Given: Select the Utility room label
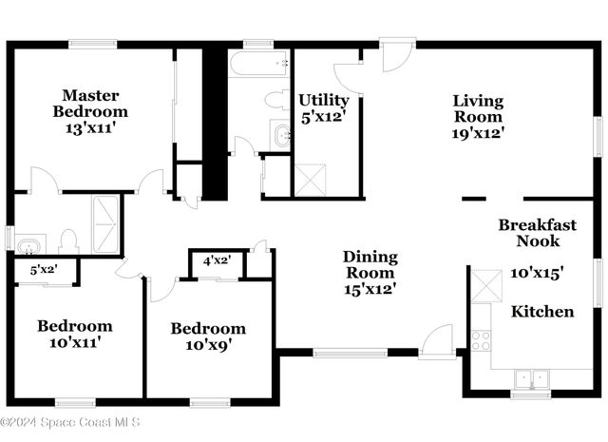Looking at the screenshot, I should pos(324,100).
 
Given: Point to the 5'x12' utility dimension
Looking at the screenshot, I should pos(324,117).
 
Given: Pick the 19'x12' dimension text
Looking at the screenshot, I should pos(477,133).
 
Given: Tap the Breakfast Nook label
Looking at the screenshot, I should pos(537,233).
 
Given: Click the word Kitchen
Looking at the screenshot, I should pos(542,312).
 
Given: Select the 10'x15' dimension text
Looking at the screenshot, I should pos(538,273).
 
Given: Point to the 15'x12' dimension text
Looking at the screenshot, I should pos(370,288).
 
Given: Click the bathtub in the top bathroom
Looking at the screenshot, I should pos(258,63).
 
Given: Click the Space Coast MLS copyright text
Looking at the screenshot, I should pos(71,422).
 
